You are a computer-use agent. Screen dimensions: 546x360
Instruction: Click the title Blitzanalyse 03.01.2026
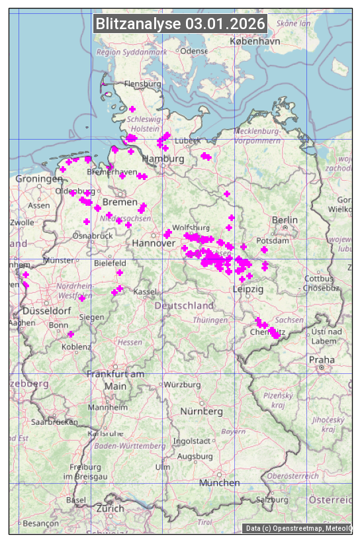coord(180,24)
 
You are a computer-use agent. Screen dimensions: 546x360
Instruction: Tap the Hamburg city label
coord(163,159)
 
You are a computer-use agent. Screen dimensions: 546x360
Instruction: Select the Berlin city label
coord(285,220)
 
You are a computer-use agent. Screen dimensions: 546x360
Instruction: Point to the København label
coord(255,41)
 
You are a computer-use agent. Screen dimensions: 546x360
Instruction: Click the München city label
coord(219,482)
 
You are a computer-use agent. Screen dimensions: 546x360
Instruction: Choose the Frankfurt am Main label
coord(115,380)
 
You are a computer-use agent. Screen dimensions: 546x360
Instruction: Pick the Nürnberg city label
coord(202,411)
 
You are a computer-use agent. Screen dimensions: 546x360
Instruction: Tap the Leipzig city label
coord(248,289)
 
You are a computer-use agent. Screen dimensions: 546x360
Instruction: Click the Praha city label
coord(322,359)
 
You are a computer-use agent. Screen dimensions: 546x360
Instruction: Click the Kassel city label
coord(144,292)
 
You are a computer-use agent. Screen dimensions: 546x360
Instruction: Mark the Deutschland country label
coord(184,306)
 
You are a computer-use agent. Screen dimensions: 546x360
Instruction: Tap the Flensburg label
coord(143,85)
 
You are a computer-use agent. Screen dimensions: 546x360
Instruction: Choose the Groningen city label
coord(39,179)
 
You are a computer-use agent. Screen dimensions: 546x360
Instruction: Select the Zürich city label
coord(110,508)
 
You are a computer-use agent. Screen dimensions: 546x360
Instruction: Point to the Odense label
coord(194,51)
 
